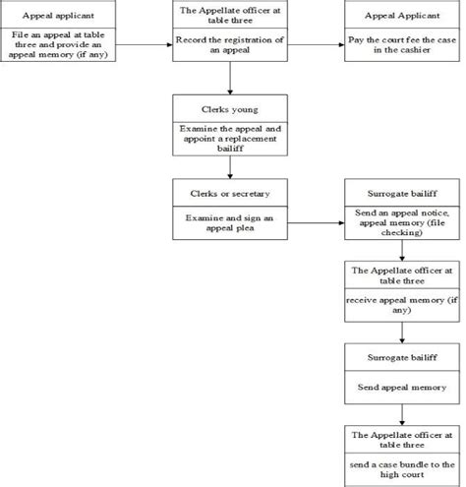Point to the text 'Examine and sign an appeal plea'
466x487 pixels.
point(228,221)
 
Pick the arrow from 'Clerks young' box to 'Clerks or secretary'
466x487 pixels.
point(228,164)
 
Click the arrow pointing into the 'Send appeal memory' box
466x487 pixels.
point(401,331)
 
